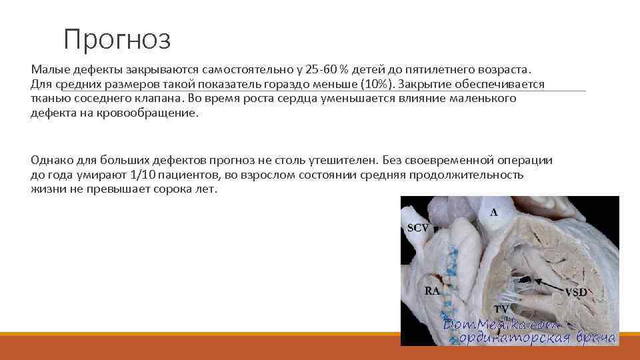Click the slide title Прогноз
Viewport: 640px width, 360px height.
[x=117, y=39]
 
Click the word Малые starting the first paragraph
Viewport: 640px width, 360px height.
[x=49, y=70]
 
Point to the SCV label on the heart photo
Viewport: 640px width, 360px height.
[x=417, y=227]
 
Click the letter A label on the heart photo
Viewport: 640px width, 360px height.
[x=494, y=212]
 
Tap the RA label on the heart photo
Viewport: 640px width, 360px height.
[x=432, y=291]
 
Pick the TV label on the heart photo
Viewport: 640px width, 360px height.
[x=501, y=309]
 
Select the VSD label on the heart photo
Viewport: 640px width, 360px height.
[x=576, y=292]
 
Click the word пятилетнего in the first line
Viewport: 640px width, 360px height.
[x=428, y=70]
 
